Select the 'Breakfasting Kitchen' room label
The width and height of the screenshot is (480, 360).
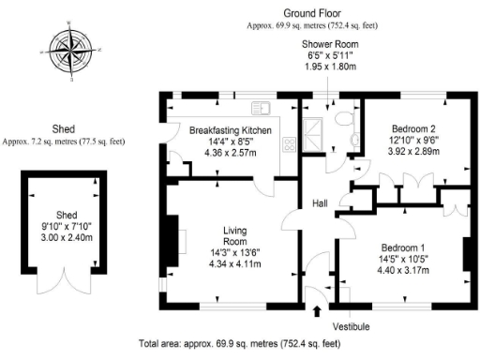pos(231,129)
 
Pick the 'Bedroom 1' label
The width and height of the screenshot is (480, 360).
pos(405,247)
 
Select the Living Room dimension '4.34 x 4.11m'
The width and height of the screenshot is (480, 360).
pos(234,264)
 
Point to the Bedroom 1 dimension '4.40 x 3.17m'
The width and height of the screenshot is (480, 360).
pos(406,270)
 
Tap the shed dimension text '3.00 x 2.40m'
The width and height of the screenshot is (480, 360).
pos(63,237)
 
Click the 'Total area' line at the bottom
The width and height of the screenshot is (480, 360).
pos(239,344)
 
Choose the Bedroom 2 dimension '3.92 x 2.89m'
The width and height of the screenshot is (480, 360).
pos(413,150)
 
